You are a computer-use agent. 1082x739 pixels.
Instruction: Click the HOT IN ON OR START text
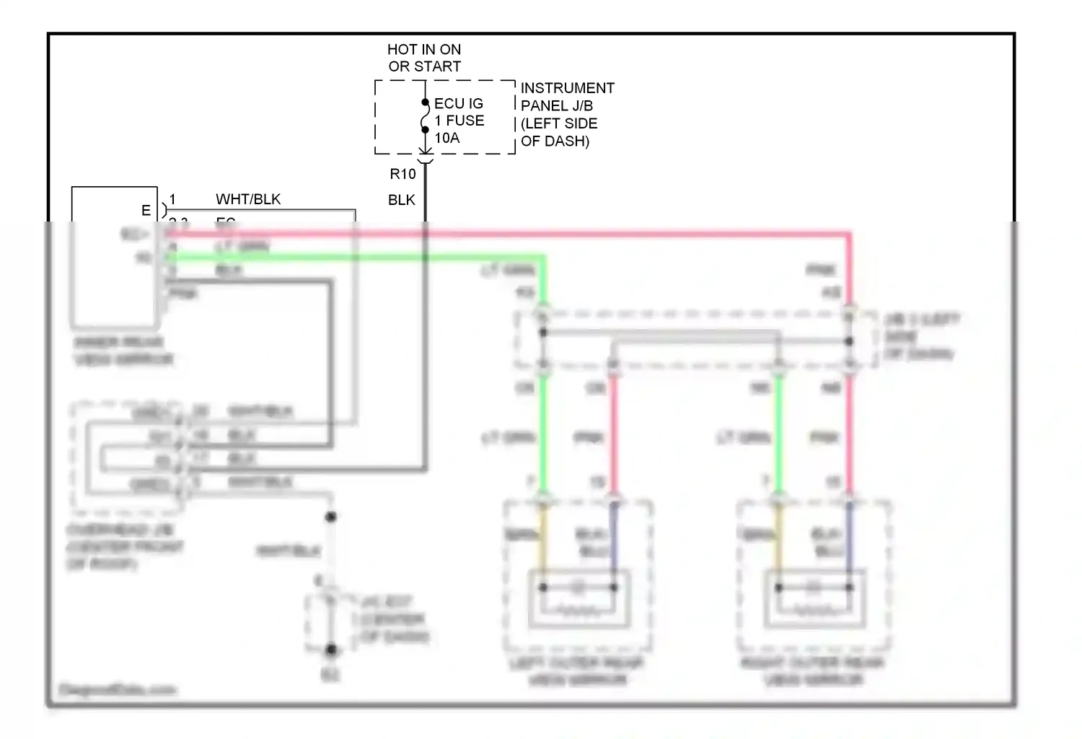click(x=424, y=58)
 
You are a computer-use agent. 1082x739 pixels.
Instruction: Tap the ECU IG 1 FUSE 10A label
click(x=459, y=121)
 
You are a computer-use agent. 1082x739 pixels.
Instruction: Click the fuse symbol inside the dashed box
click(x=425, y=117)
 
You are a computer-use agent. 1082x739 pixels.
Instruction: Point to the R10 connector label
click(x=403, y=174)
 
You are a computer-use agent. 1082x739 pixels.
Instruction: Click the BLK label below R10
click(x=401, y=200)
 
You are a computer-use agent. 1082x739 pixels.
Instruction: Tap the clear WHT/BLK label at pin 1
click(x=247, y=199)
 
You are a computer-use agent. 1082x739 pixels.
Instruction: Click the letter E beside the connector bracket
click(x=146, y=210)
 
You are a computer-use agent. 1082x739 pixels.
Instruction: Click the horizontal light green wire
click(x=361, y=257)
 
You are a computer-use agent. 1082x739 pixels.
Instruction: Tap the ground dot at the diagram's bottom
click(x=331, y=650)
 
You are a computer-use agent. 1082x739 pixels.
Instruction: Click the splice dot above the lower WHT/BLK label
click(x=331, y=517)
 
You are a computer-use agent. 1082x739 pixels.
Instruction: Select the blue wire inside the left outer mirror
click(x=614, y=541)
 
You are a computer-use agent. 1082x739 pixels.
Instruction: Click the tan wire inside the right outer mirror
click(x=778, y=541)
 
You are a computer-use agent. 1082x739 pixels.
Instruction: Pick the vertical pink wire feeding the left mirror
click(x=614, y=433)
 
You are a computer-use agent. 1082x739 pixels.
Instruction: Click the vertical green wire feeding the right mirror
click(x=778, y=433)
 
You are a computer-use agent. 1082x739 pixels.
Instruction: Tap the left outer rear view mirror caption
click(x=576, y=671)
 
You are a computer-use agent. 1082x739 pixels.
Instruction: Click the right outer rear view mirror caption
click(x=812, y=671)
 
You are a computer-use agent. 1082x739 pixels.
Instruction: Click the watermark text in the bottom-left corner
click(x=118, y=690)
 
